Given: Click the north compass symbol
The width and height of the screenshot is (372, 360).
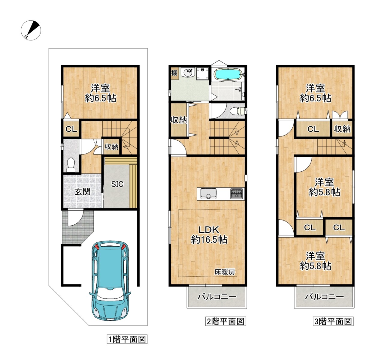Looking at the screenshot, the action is (x=31, y=30).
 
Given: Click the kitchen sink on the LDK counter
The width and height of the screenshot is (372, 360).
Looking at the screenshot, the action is (x=208, y=194).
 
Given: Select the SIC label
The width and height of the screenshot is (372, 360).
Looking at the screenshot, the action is (x=117, y=184).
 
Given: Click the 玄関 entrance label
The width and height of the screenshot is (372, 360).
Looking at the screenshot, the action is (x=82, y=192).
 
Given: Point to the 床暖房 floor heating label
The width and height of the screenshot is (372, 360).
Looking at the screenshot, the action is (x=225, y=272).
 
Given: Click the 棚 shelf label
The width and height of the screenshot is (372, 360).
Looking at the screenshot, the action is (x=174, y=73).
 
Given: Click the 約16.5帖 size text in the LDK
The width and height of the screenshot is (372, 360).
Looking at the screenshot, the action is (x=209, y=239).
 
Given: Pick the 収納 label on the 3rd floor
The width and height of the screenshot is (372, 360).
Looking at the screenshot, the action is (x=342, y=129).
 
